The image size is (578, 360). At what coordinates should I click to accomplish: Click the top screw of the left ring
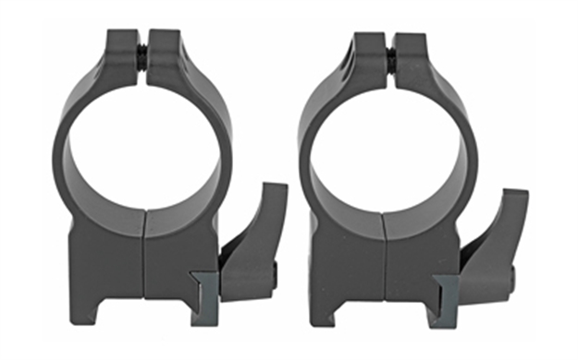pyautogui.click(x=141, y=54)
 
